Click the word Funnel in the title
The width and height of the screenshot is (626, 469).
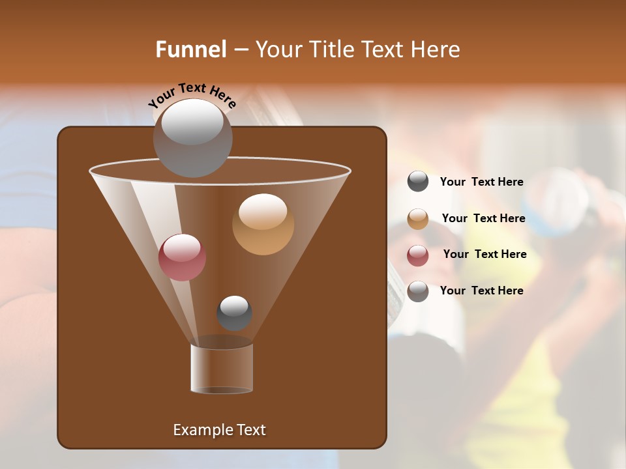pyautogui.click(x=190, y=50)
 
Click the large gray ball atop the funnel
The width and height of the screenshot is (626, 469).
pyautogui.click(x=192, y=137)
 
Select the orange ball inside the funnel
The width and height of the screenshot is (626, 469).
pyautogui.click(x=263, y=224)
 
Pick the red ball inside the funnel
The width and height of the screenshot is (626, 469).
pyautogui.click(x=182, y=257)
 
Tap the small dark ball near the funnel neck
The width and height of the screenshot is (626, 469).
pyautogui.click(x=234, y=313)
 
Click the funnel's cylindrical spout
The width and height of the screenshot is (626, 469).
pyautogui.click(x=222, y=368)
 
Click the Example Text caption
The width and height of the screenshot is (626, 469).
pyautogui.click(x=219, y=430)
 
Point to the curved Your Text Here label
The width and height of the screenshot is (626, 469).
pyautogui.click(x=192, y=95)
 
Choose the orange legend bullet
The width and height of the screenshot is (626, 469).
pyautogui.click(x=418, y=219)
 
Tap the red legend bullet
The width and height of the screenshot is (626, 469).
pyautogui.click(x=418, y=255)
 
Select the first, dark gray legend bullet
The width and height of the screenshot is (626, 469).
pyautogui.click(x=418, y=182)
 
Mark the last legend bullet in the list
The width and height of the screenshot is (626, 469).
pyautogui.click(x=418, y=291)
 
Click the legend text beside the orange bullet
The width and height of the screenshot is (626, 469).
pyautogui.click(x=483, y=218)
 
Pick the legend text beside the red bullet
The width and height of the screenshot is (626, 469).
pyautogui.click(x=484, y=254)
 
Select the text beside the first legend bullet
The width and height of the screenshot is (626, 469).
pyautogui.click(x=481, y=182)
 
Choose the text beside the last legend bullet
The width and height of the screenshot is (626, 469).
pyautogui.click(x=481, y=291)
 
